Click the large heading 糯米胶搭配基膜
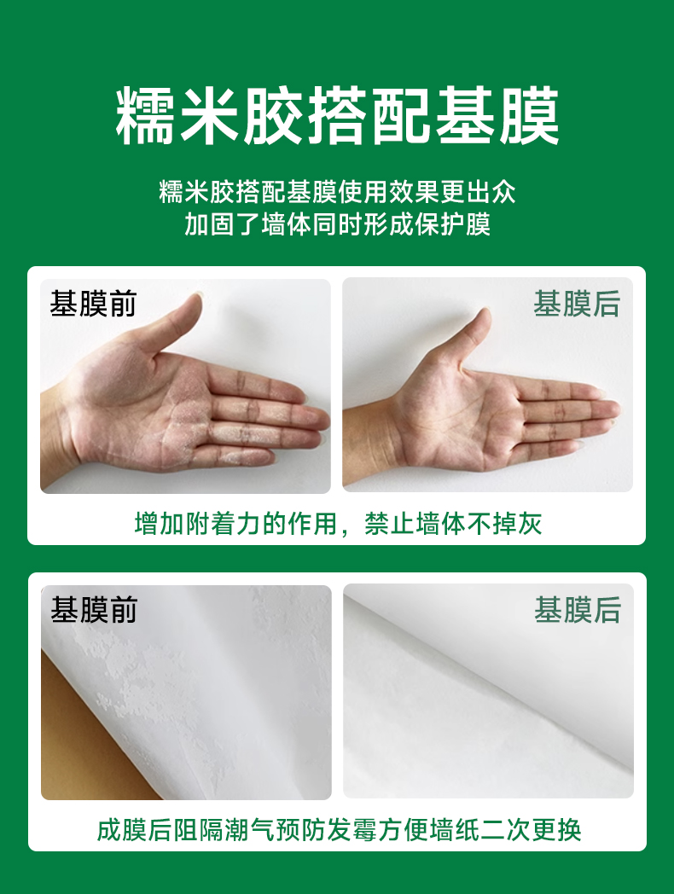(x=337, y=116)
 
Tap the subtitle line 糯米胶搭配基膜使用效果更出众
(x=337, y=192)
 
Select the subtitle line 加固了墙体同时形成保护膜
(x=337, y=224)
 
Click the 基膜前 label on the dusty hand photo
(x=93, y=303)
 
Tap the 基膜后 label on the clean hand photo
(x=577, y=304)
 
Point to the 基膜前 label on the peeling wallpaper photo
(x=94, y=609)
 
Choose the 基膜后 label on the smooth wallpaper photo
(x=578, y=609)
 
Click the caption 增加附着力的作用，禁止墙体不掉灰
(x=338, y=524)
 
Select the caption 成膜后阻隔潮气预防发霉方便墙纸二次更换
(x=339, y=829)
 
